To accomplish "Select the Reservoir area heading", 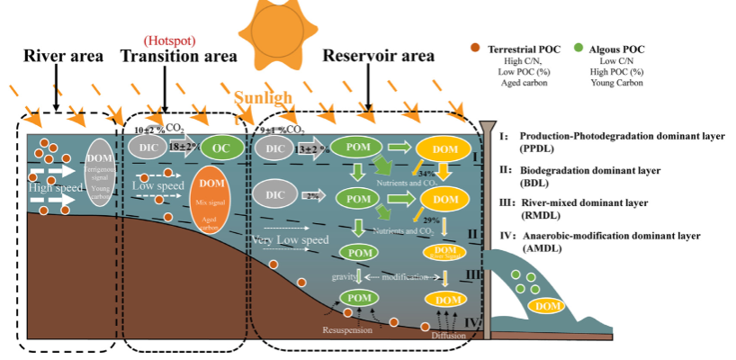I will (379, 56).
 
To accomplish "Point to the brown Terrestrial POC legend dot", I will (474, 45).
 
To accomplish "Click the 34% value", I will (428, 173).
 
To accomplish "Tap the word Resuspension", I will (349, 331).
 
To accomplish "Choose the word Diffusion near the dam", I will (449, 337).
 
